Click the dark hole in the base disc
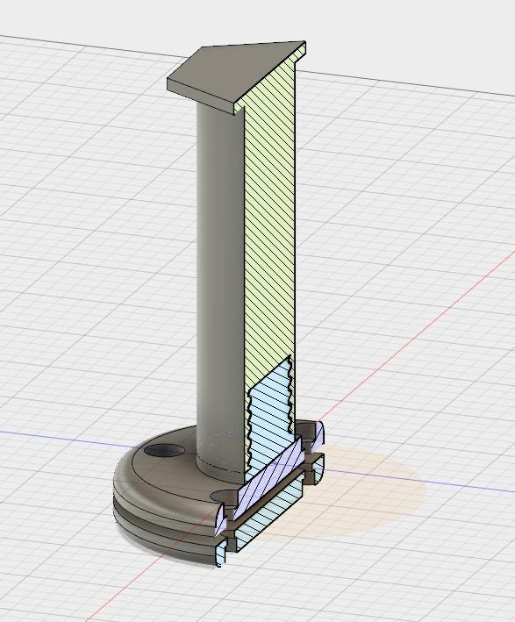point(164,451)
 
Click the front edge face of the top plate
point(202,97)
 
